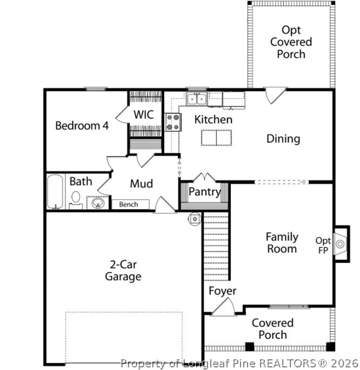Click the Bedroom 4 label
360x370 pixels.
pyautogui.click(x=82, y=126)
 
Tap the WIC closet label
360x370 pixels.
pyautogui.click(x=143, y=114)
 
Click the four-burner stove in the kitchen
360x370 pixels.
pyautogui.click(x=173, y=122)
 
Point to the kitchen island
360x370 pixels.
pyautogui.click(x=217, y=138)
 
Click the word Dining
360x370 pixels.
pyautogui.click(x=283, y=139)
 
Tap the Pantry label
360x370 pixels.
pyautogui.click(x=205, y=192)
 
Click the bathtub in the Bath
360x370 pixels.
pyautogui.click(x=56, y=192)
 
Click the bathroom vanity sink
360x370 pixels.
pyautogui.click(x=97, y=203)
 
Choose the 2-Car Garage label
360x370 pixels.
pyautogui.click(x=123, y=270)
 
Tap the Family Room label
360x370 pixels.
pyautogui.click(x=282, y=243)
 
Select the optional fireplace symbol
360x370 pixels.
pyautogui.click(x=340, y=244)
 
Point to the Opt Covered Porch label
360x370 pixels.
pyautogui.click(x=291, y=42)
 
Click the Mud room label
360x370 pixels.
pyautogui.click(x=141, y=184)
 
